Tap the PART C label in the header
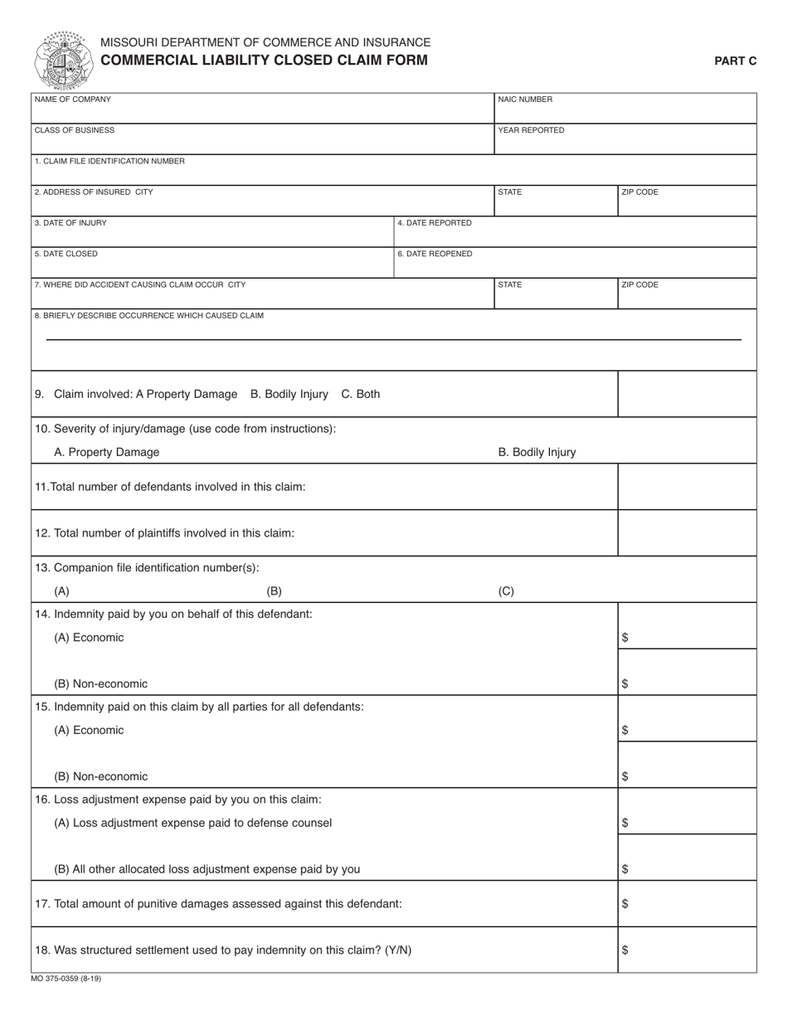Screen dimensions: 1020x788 pyautogui.click(x=736, y=61)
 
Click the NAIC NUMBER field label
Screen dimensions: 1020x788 pyautogui.click(x=525, y=100)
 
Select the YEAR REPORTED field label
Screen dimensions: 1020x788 pyautogui.click(x=531, y=130)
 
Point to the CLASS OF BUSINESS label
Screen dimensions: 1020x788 pyautogui.click(x=75, y=130)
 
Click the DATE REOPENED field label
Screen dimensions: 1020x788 pyautogui.click(x=435, y=254)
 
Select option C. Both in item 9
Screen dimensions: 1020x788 pyautogui.click(x=361, y=394)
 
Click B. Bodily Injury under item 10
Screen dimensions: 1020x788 pyautogui.click(x=537, y=452)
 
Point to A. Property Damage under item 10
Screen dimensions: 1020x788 pyautogui.click(x=106, y=452)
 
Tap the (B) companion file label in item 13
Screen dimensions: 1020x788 pyautogui.click(x=274, y=591)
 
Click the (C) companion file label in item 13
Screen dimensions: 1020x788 pyautogui.click(x=506, y=591)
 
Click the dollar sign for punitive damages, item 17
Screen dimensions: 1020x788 pyautogui.click(x=625, y=904)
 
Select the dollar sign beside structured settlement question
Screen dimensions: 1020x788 pyautogui.click(x=625, y=950)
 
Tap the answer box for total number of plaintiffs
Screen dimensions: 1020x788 pyautogui.click(x=687, y=532)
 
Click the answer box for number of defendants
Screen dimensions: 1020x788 pyautogui.click(x=687, y=487)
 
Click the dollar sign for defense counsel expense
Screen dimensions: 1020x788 pyautogui.click(x=625, y=823)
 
